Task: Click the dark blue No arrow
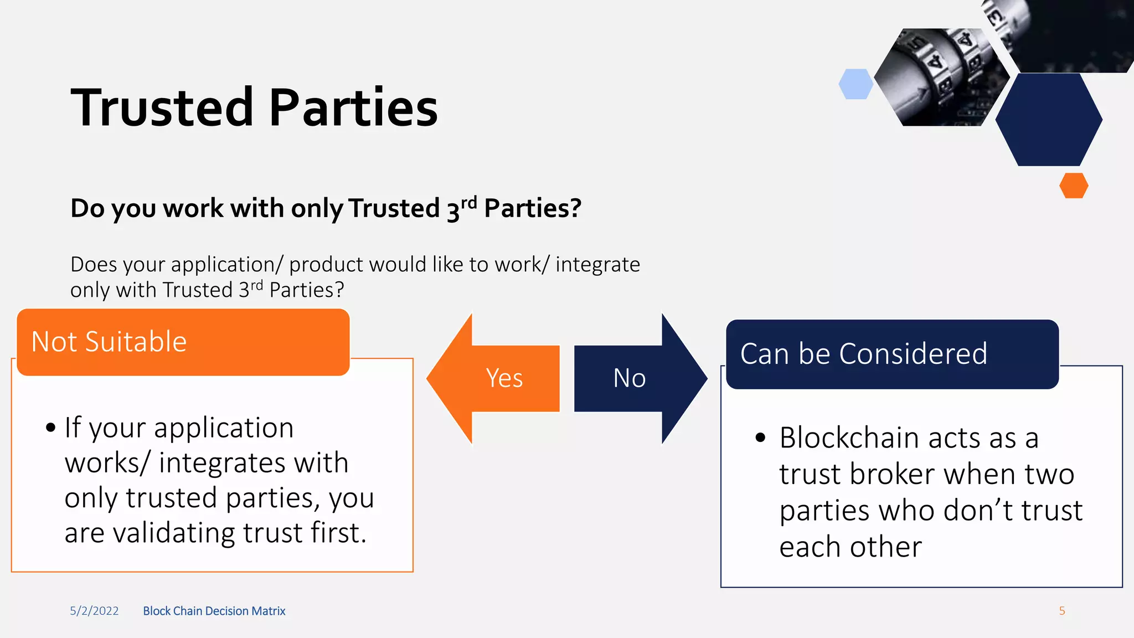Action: click(x=637, y=378)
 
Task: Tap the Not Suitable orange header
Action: click(x=183, y=342)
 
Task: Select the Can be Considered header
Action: click(x=891, y=354)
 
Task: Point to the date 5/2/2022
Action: click(x=94, y=611)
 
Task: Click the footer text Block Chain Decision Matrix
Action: click(x=214, y=611)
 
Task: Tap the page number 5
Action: click(x=1062, y=611)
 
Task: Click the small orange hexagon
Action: click(x=1074, y=186)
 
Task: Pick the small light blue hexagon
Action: click(x=855, y=84)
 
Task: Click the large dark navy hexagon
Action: click(x=1049, y=119)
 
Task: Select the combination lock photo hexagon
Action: click(x=941, y=78)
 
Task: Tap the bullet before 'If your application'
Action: click(x=51, y=428)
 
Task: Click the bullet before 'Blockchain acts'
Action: click(x=760, y=438)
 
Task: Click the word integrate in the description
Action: click(x=597, y=265)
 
